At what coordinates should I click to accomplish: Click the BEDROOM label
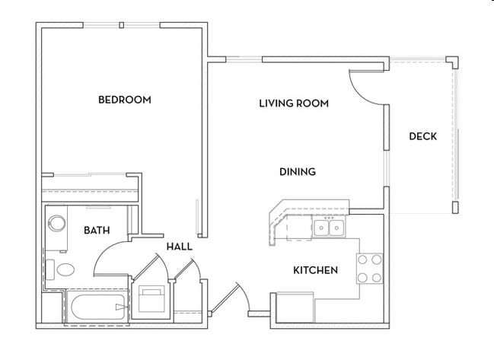coord(125,100)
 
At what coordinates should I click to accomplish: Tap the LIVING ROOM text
coord(293,104)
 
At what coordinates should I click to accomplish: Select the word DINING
coord(298,172)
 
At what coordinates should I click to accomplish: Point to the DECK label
coord(422,137)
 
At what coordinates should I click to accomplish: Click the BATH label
coord(95,230)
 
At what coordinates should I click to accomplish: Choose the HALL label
coord(179,247)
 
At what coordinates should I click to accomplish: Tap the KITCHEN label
coord(316,270)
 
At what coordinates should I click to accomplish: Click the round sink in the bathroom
coord(56,224)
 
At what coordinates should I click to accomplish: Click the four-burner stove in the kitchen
coord(370,267)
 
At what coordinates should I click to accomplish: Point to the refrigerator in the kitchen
coord(294,308)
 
